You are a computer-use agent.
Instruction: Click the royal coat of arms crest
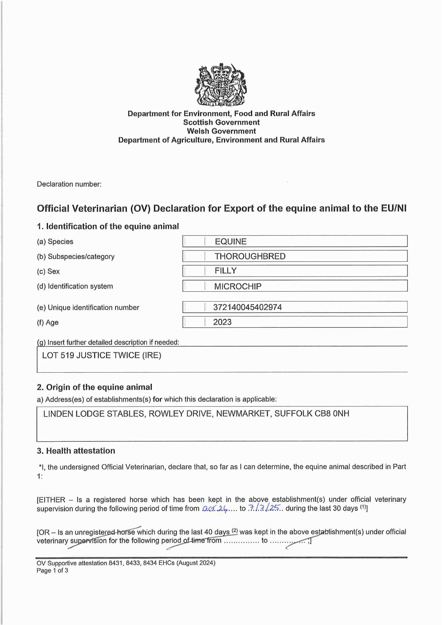(221, 85)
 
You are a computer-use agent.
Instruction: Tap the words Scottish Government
(221, 122)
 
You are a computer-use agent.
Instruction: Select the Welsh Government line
(221, 131)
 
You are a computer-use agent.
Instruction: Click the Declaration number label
(69, 184)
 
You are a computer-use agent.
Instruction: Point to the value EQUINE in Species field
(230, 241)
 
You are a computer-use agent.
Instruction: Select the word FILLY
(225, 271)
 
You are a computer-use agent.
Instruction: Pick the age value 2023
(222, 322)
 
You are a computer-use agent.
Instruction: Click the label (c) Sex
(48, 271)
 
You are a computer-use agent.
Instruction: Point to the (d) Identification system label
(75, 286)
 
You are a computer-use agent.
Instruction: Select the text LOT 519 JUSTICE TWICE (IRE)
(102, 355)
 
